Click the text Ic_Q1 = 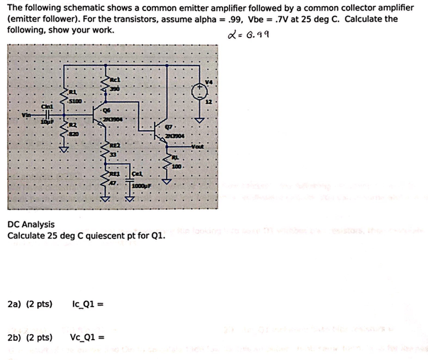(x=87, y=304)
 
